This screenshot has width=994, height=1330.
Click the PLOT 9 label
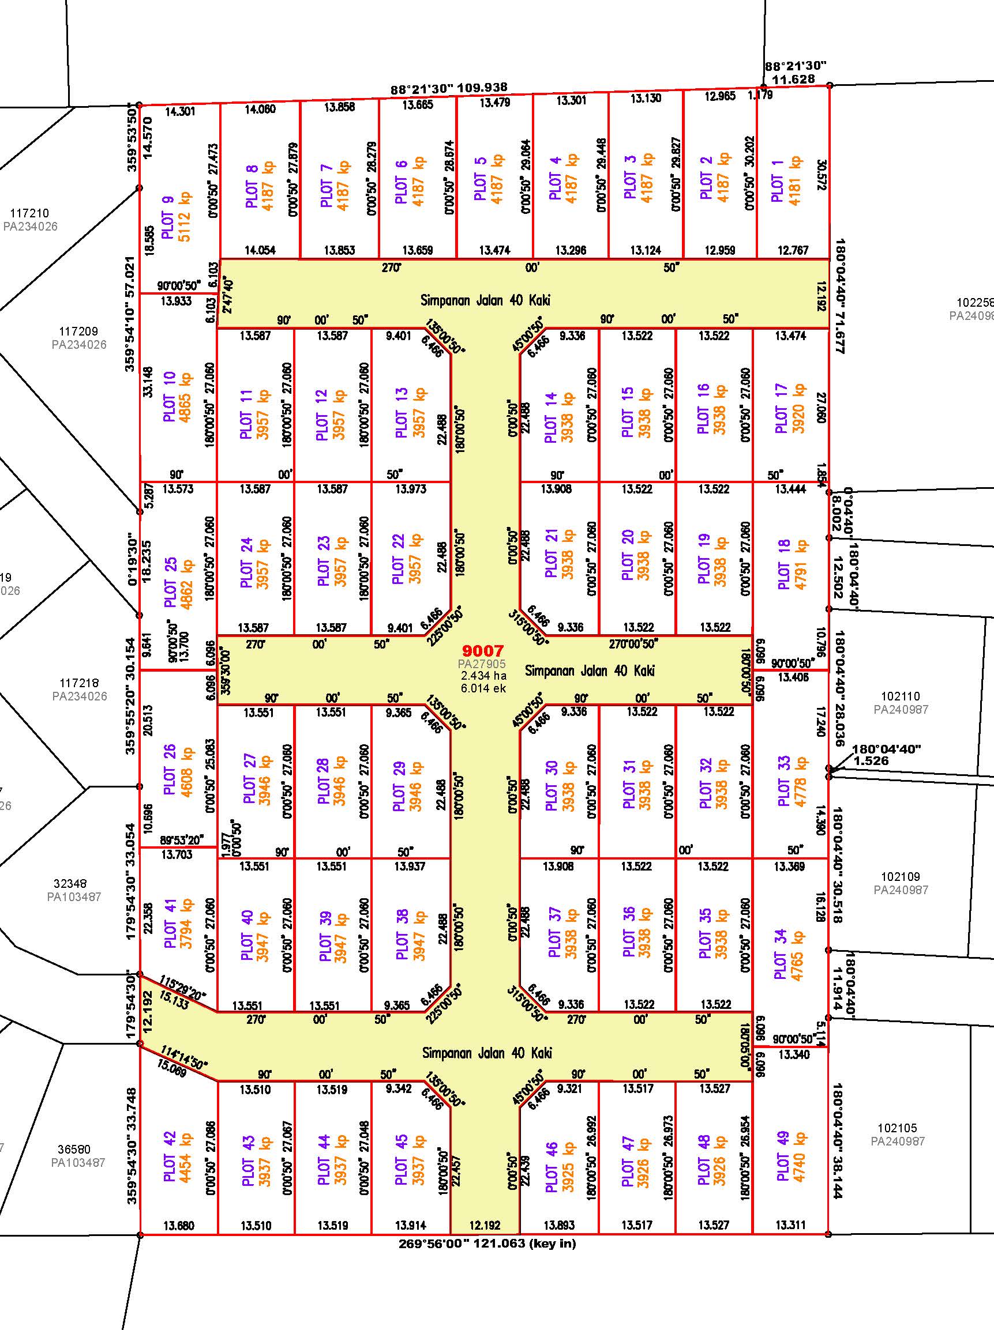coord(168,217)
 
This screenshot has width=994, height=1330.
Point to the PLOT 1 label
coord(778,180)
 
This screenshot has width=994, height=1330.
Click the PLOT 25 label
coord(171,583)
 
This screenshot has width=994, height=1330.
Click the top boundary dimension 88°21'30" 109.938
coord(449,89)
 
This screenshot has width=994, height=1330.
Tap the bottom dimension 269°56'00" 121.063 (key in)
coord(487,1243)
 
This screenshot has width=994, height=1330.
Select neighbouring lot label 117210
coord(29,213)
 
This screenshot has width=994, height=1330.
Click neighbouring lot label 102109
coord(901,877)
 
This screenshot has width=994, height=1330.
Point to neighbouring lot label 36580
coord(74,1149)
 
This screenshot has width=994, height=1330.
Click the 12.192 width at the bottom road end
coord(485,1224)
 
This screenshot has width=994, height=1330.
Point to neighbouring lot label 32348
coord(70,883)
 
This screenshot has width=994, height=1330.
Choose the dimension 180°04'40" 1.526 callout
coord(886,755)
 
